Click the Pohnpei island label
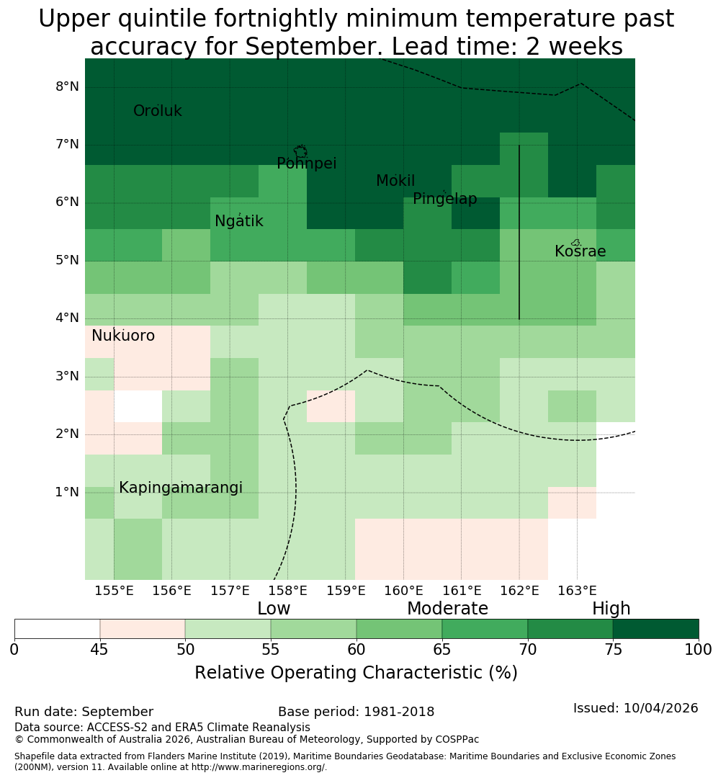pyautogui.click(x=307, y=164)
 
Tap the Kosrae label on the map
pyautogui.click(x=580, y=251)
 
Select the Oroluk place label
pyautogui.click(x=158, y=111)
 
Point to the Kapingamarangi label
pyautogui.click(x=181, y=488)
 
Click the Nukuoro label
pyautogui.click(x=123, y=336)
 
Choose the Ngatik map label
pyautogui.click(x=239, y=221)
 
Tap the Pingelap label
pyautogui.click(x=444, y=199)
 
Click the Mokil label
pyautogui.click(x=395, y=181)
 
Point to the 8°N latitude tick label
pyautogui.click(x=67, y=87)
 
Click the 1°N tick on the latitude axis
pyautogui.click(x=67, y=492)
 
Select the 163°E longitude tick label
pyautogui.click(x=577, y=591)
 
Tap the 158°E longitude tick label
pyautogui.click(x=288, y=591)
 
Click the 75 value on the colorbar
pyautogui.click(x=614, y=650)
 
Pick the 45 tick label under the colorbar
pyautogui.click(x=99, y=650)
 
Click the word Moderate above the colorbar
pyautogui.click(x=447, y=608)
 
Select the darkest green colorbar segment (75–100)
pyautogui.click(x=656, y=629)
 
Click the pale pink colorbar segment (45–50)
pyautogui.click(x=143, y=629)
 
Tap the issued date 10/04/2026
pyautogui.click(x=661, y=708)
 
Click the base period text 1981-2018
pyautogui.click(x=399, y=712)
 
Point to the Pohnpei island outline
pyautogui.click(x=300, y=146)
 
